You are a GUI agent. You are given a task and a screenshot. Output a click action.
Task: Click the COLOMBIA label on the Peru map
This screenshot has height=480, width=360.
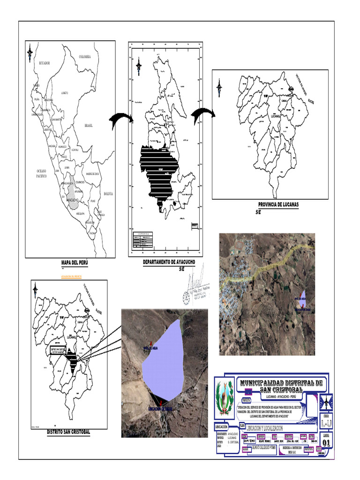coord(88,57)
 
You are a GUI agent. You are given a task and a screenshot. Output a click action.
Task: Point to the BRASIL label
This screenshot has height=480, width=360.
coord(89,126)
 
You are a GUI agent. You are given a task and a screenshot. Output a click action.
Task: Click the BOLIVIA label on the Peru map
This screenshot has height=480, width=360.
coord(108,193)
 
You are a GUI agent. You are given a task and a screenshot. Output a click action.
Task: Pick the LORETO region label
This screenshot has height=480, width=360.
coord(65,93)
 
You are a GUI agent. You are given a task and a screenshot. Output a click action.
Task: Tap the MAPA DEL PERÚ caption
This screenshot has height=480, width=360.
coord(75,263)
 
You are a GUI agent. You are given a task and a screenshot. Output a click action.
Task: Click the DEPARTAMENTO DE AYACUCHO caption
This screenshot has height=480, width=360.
coord(169,262)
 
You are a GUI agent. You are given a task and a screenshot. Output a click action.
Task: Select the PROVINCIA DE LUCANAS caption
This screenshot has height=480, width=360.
coord(278,205)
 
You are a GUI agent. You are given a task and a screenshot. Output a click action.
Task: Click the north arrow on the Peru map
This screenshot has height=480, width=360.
coord(30,53)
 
